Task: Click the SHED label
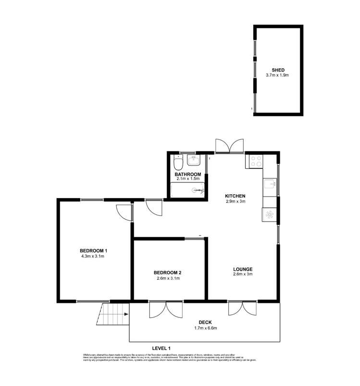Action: [278, 70]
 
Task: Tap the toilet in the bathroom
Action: [178, 162]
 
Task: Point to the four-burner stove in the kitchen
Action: [254, 162]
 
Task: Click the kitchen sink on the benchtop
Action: [270, 184]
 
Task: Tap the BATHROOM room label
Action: [187, 174]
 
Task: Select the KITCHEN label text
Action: [236, 196]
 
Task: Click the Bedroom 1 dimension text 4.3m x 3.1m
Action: [93, 256]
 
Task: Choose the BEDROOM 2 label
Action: [168, 272]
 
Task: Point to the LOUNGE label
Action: [243, 269]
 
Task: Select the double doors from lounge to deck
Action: [243, 308]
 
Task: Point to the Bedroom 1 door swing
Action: [124, 212]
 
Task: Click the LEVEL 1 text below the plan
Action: [161, 348]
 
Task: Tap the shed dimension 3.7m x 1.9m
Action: [278, 75]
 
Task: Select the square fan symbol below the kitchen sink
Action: [269, 215]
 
